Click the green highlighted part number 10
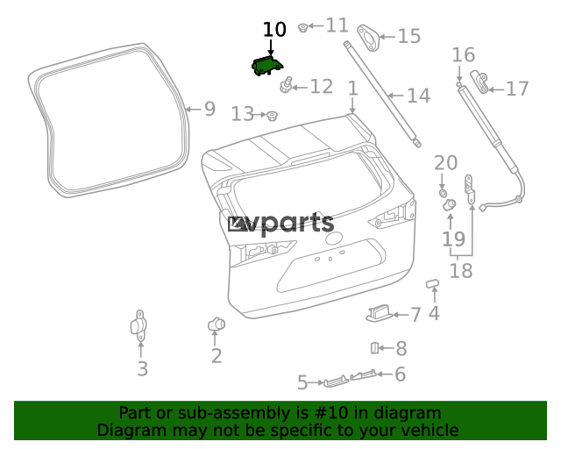pos(266,66)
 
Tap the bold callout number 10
pos(274,29)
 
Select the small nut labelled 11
pos(303,27)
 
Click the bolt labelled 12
pos(286,85)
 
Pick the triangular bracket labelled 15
pos(368,38)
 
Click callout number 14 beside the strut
pos(419,96)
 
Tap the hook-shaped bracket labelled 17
pos(479,82)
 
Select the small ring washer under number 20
pos(443,193)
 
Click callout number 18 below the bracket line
pos(461,270)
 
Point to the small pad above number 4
pos(432,283)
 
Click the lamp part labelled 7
pos(380,313)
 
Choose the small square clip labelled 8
pos(374,348)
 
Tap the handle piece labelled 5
pos(336,381)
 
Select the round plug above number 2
pos(217,324)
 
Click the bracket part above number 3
pos(138,325)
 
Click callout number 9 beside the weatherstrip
pos(210,109)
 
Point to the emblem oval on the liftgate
pos(333,239)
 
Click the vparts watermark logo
pos(280,224)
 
